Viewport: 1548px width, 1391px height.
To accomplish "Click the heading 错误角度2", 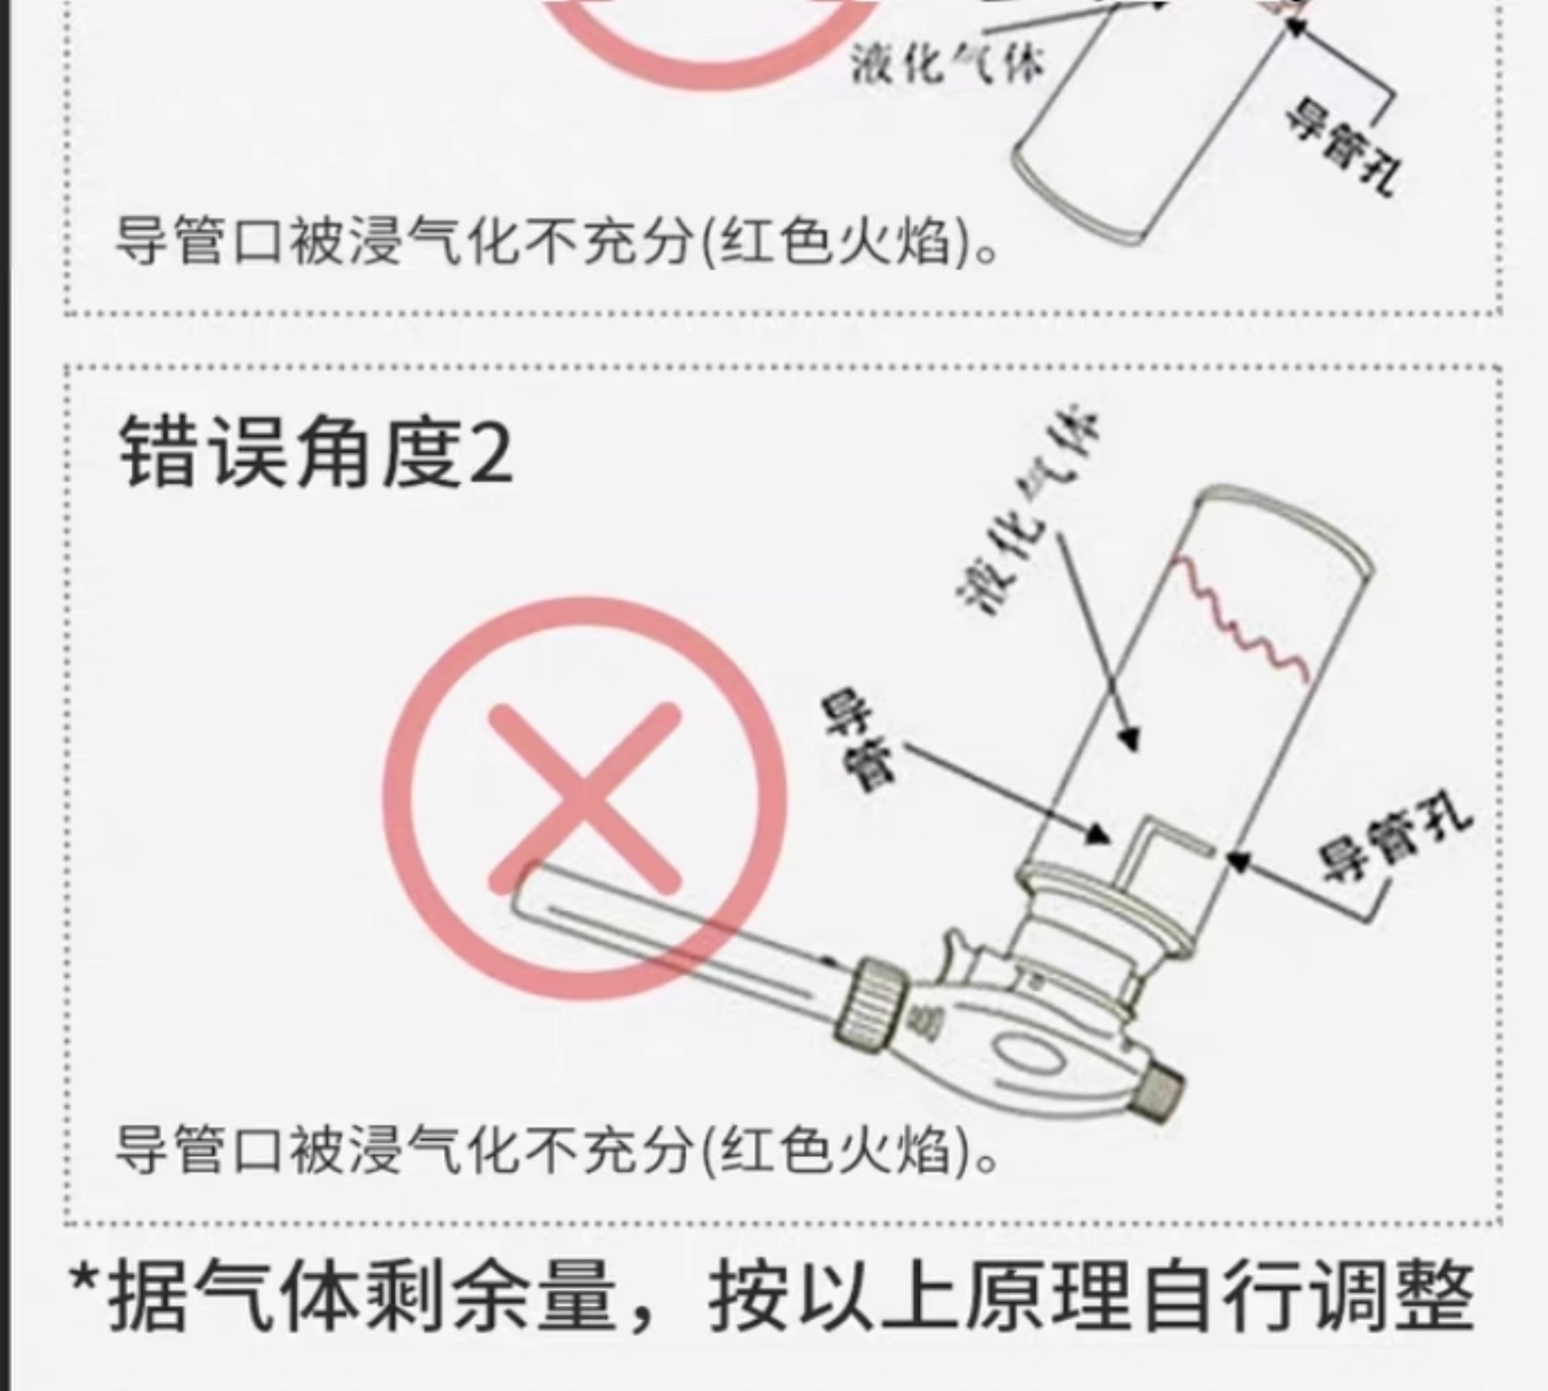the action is click(316, 453).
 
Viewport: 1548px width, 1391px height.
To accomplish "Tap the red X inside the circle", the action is click(584, 799).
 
